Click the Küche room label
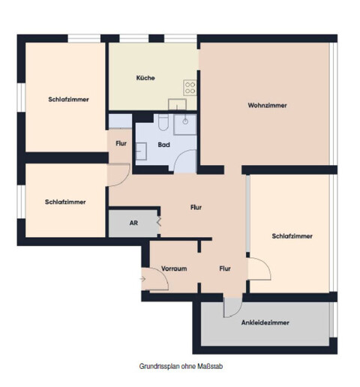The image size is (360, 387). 145,79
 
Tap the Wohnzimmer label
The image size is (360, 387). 267,105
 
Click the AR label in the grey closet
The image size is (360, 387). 133,223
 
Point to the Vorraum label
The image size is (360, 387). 173,268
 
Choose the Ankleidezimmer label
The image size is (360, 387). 265,322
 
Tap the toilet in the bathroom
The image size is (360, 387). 163,121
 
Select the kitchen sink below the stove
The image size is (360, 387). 177,104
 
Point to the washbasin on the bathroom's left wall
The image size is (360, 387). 140,136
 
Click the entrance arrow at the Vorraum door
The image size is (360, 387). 143,280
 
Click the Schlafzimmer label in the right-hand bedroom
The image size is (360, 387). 291,235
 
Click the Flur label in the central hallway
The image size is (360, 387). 196,207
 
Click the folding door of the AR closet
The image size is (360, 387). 158,222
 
